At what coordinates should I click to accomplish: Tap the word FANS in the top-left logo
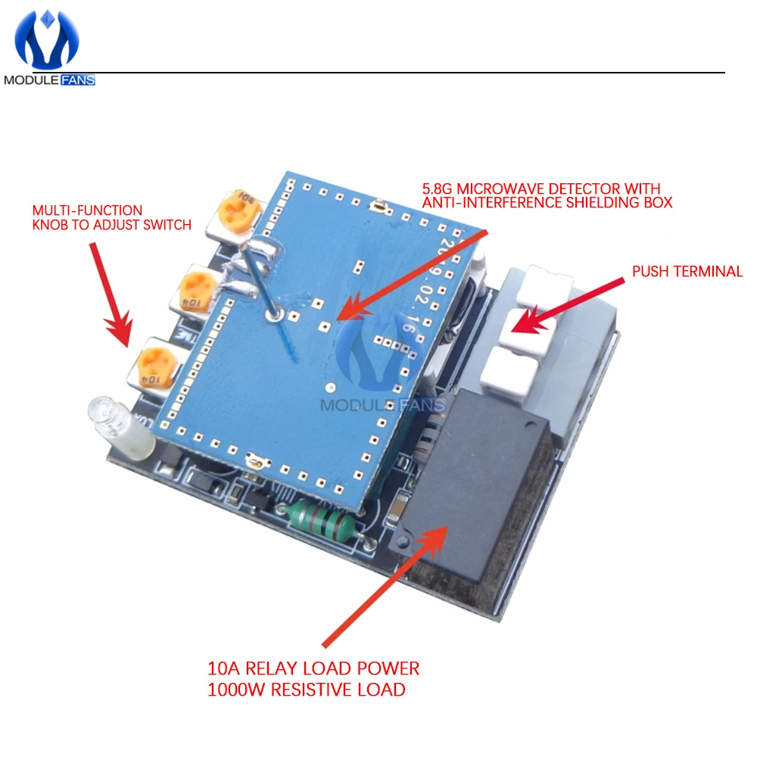click(78, 80)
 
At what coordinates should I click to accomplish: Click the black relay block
click(475, 488)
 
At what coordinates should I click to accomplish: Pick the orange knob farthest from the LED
click(239, 211)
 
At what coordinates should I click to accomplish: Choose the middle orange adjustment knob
click(197, 291)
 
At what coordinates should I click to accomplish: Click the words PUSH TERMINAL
click(687, 271)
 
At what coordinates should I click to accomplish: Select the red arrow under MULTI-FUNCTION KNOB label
click(111, 294)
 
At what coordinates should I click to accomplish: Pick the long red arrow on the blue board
click(413, 275)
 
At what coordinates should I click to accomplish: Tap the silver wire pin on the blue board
click(260, 280)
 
